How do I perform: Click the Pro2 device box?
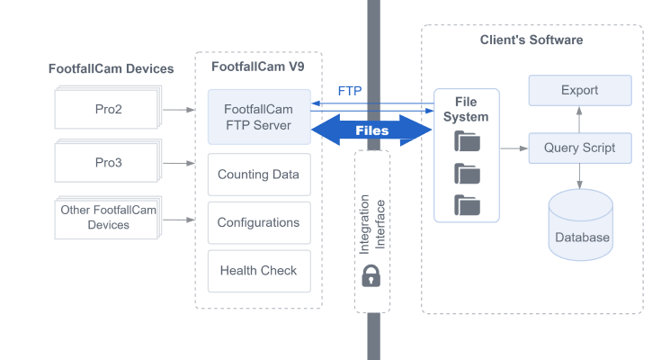coord(108,109)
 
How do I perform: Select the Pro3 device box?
coord(108,163)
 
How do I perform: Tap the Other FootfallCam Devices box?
coord(108,217)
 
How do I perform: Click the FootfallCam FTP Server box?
coord(258,117)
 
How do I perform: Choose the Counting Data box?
coord(258,175)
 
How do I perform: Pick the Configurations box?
coord(258,222)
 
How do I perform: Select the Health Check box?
coord(258,270)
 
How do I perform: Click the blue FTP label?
coord(350,91)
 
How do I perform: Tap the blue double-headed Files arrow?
coord(371,130)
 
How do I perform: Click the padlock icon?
coord(371,277)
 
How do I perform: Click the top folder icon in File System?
coord(467,140)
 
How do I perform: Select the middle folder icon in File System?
coord(467,173)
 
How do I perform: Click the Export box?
coord(579,91)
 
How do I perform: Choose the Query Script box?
coord(579,148)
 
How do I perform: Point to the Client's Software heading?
coord(532,40)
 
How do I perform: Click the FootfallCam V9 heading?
coord(258,67)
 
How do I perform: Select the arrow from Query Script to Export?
coord(579,120)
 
